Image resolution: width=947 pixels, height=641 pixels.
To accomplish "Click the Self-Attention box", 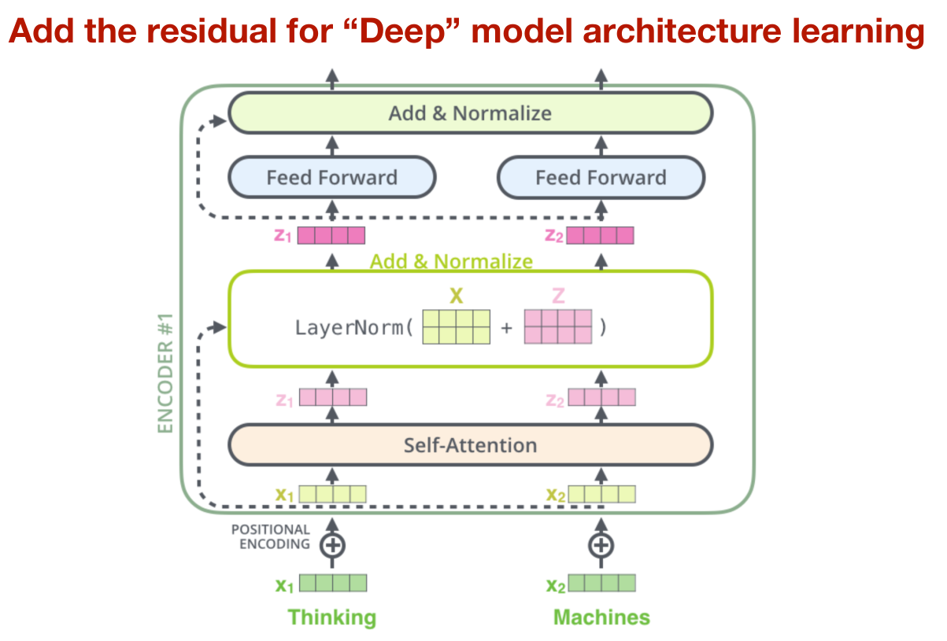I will pyautogui.click(x=470, y=445).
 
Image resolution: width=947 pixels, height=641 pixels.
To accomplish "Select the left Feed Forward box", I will pyautogui.click(x=331, y=178).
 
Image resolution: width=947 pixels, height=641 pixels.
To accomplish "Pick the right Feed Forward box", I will pyautogui.click(x=601, y=178).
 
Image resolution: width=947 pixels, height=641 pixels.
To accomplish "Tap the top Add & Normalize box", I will pyautogui.click(x=470, y=113).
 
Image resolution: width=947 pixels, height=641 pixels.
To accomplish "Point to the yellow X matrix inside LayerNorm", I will pyautogui.click(x=456, y=327).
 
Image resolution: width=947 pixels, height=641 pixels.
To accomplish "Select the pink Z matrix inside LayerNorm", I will pyautogui.click(x=557, y=327).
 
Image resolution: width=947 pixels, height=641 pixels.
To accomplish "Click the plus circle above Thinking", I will pyautogui.click(x=332, y=544).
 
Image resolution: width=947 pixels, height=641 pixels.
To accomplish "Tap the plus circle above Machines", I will pyautogui.click(x=601, y=544).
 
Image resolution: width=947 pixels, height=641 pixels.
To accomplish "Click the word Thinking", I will pyautogui.click(x=331, y=617).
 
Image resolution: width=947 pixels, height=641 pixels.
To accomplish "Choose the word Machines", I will pyautogui.click(x=601, y=617).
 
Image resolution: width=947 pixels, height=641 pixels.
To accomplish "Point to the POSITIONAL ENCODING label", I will pyautogui.click(x=270, y=537).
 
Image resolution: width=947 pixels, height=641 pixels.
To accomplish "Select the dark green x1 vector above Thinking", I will pyautogui.click(x=332, y=584).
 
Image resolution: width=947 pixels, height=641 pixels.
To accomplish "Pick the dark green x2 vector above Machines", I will pyautogui.click(x=601, y=584).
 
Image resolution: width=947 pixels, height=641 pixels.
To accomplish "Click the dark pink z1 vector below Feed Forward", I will pyautogui.click(x=331, y=235).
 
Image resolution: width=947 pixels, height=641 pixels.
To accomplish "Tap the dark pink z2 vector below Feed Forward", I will pyautogui.click(x=600, y=235).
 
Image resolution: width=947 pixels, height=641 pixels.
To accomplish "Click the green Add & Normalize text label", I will pyautogui.click(x=451, y=261).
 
